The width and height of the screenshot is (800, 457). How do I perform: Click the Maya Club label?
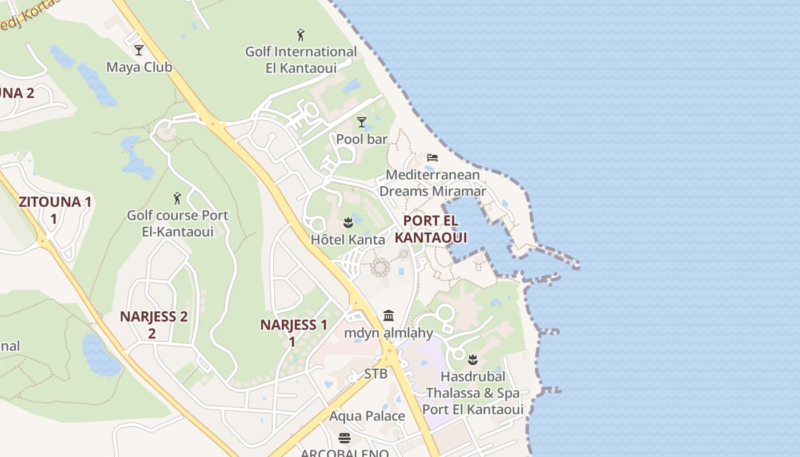point(139,67)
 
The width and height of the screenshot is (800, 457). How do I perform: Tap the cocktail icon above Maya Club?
point(138,50)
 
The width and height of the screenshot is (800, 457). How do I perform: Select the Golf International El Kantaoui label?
point(301,59)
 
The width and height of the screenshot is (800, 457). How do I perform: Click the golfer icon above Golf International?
point(301,35)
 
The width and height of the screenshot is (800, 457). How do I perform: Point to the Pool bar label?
point(362,139)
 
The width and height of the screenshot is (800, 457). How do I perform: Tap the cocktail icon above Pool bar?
point(361,122)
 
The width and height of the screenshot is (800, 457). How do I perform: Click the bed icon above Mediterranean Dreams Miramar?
point(433,158)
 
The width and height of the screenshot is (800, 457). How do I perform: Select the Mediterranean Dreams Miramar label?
point(433,183)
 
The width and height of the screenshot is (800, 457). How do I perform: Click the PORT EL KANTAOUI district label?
point(430,228)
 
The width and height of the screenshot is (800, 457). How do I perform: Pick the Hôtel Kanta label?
point(348,239)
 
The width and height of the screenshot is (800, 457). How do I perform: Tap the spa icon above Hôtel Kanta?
point(348,223)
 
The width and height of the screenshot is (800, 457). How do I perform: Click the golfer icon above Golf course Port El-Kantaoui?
point(177,198)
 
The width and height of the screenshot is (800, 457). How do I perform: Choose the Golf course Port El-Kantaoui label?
point(177,223)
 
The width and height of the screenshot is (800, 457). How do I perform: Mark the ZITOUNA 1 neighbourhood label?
point(55,210)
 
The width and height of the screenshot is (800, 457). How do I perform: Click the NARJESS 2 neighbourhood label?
point(153,324)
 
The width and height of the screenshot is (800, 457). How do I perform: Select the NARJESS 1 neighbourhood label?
point(293,332)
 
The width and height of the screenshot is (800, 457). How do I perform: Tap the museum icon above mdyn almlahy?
point(389,315)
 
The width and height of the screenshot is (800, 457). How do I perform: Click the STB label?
point(376,374)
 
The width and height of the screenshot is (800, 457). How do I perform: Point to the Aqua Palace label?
point(367,416)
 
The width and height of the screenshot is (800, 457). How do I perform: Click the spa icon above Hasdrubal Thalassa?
point(473,360)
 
